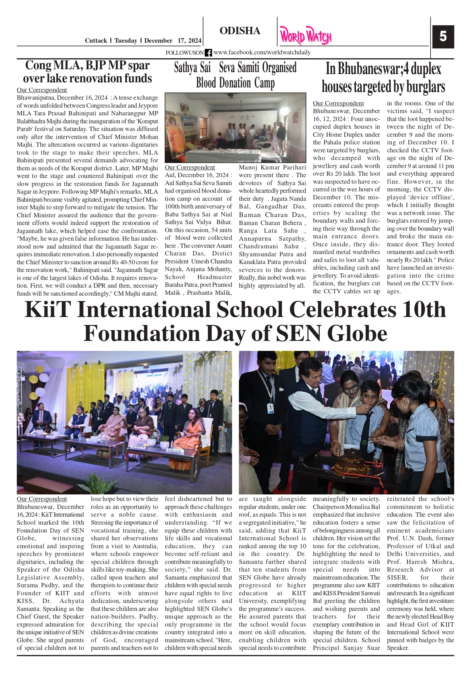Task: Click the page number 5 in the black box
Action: coord(443,37)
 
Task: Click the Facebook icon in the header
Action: coord(208,53)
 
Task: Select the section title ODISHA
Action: coord(240,31)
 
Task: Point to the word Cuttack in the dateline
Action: coord(96,41)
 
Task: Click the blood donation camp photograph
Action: coord(235,128)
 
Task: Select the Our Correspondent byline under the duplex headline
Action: coord(338,103)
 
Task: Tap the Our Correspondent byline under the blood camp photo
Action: coord(190,167)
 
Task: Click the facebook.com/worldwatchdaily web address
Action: coord(262,52)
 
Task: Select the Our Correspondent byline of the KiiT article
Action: coord(42,499)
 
